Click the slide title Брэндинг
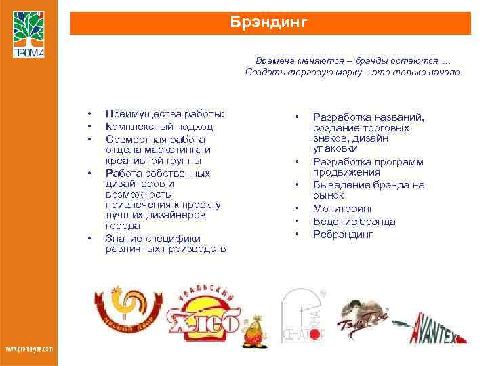click(x=270, y=22)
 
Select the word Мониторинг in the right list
click(x=343, y=209)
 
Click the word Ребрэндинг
click(x=343, y=235)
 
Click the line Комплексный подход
click(x=159, y=127)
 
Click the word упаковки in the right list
click(x=335, y=148)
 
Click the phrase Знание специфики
click(x=153, y=238)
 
